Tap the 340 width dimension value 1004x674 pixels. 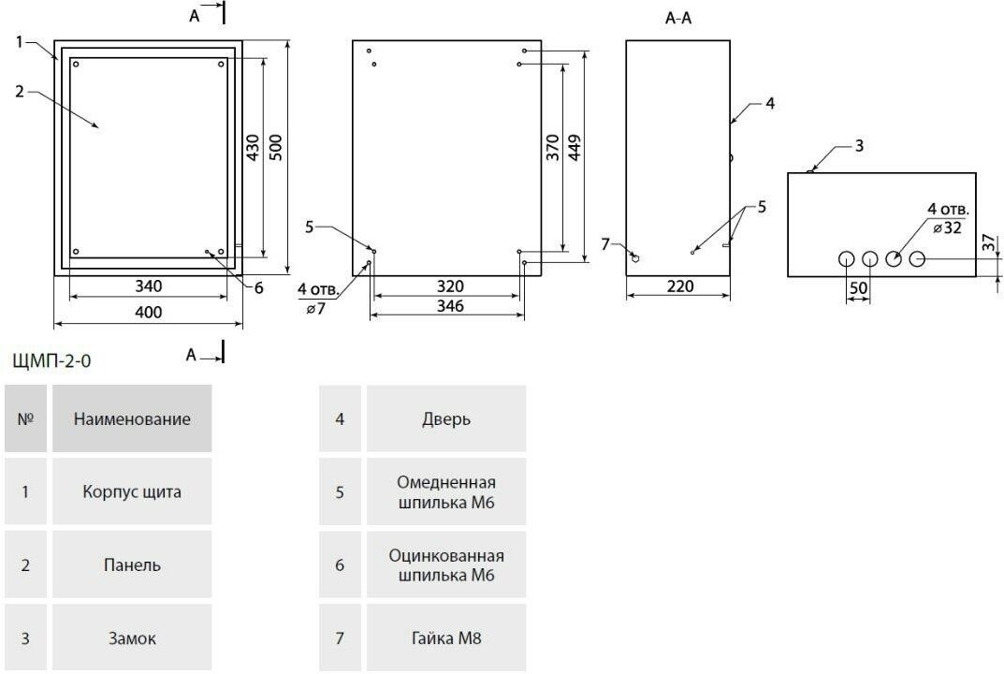pos(148,286)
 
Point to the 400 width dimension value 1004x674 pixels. pos(148,312)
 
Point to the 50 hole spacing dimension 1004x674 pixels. pos(858,288)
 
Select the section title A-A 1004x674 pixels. pos(678,18)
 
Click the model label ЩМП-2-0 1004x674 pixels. pos(52,359)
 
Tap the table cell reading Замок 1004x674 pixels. pos(131,639)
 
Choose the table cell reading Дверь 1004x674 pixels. pos(445,419)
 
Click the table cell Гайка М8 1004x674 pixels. pos(445,639)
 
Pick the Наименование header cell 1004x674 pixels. pos(131,419)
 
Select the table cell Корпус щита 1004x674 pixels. pos(131,491)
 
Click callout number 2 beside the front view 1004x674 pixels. pos(19,91)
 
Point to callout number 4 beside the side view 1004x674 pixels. pos(769,104)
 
